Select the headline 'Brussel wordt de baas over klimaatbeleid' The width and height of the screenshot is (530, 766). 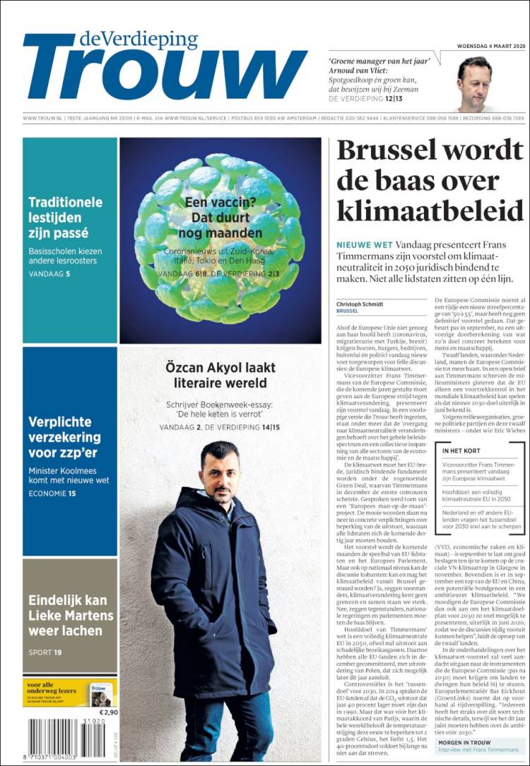pos(429,181)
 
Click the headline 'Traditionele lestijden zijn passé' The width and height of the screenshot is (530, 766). pos(65,217)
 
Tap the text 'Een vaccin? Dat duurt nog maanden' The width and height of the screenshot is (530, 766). pos(219,219)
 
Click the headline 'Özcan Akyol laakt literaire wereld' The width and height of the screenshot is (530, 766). pos(220,376)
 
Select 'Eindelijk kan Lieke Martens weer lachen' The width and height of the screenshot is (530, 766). pos(70,615)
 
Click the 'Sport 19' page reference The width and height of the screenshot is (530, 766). pos(45,652)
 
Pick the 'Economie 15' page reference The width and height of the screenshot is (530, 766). pos(52,493)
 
